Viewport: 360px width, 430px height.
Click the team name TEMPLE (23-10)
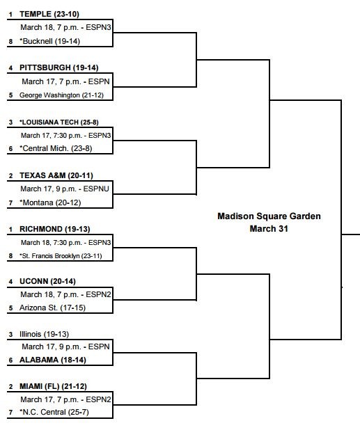click(x=49, y=14)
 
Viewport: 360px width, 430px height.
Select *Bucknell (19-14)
click(x=49, y=41)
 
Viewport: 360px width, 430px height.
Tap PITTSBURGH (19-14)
click(x=59, y=67)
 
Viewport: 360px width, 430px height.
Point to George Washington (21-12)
click(x=61, y=95)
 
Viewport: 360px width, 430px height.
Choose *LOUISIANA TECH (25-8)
click(x=59, y=122)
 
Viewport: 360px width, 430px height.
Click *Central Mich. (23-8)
click(x=56, y=148)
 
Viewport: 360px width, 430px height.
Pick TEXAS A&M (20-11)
click(x=56, y=175)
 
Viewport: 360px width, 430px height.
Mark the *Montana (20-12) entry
click(x=50, y=202)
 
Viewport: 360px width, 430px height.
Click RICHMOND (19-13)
click(x=55, y=229)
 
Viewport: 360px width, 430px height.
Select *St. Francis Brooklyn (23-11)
click(x=61, y=256)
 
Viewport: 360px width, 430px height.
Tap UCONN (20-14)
click(x=47, y=281)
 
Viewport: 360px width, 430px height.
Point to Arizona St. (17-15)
click(x=52, y=308)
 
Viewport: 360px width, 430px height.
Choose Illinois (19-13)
click(x=44, y=334)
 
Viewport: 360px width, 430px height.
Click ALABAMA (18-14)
click(x=53, y=360)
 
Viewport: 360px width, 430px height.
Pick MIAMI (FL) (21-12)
click(x=53, y=386)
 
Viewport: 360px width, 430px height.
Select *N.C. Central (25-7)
click(x=54, y=412)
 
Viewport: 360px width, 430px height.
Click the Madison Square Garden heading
click(x=269, y=216)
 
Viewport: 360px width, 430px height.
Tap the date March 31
click(x=269, y=229)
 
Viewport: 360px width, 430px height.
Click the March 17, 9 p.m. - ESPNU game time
click(x=65, y=189)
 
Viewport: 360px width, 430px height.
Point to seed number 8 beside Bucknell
click(x=10, y=42)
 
